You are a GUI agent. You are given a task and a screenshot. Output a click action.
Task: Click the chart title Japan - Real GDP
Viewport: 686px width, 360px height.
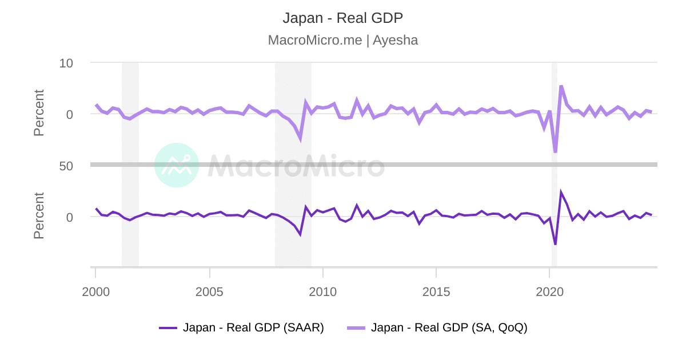[342, 18]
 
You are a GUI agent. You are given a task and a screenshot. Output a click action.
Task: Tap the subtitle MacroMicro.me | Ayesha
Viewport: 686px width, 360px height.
[342, 40]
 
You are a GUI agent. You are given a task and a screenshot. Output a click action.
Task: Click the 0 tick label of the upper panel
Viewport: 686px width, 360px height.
[70, 114]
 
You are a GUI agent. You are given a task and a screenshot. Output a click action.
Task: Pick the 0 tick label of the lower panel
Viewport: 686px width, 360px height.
[70, 217]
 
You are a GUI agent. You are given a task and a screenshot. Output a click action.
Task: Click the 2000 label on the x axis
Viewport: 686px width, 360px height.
[95, 292]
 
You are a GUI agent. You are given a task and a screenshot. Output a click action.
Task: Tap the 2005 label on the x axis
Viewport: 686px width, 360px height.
[209, 292]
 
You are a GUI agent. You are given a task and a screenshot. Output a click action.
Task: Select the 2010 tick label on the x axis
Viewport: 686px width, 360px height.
[323, 292]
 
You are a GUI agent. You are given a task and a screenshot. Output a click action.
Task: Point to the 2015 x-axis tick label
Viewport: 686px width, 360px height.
[436, 292]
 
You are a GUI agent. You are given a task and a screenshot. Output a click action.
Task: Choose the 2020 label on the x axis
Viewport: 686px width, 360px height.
[549, 292]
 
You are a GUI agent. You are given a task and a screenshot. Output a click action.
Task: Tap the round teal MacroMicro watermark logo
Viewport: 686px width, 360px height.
[177, 165]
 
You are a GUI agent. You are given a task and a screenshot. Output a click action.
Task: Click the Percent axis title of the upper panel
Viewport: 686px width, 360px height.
[39, 113]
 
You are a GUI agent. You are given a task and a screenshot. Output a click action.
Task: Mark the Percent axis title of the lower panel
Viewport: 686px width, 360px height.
[39, 215]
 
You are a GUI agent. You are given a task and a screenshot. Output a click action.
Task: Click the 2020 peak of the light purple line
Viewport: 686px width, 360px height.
[561, 86]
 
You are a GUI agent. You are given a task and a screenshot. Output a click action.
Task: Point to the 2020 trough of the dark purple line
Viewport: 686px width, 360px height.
[555, 245]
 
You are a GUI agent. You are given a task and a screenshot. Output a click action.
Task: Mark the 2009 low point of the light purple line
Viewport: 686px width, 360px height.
[300, 139]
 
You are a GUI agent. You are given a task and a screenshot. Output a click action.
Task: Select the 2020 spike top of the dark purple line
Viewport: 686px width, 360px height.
[561, 193]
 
